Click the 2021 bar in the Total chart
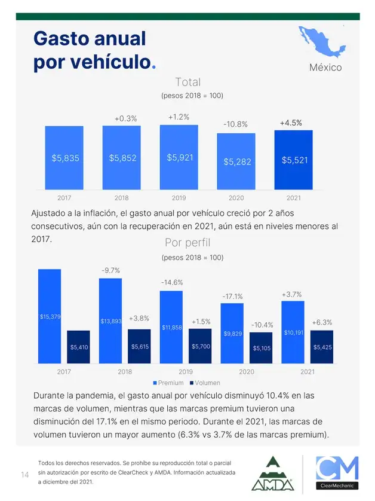coord(294,160)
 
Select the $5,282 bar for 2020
coord(236,161)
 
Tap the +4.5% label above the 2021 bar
coord(291,123)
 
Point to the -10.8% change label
coord(235,124)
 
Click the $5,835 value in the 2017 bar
coord(65,158)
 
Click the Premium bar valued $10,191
coord(293,332)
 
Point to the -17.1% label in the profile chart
coord(232,296)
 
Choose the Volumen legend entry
coord(205,383)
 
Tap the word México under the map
coord(325,68)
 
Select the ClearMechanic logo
coord(337,473)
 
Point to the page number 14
coord(25,475)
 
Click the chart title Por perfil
coord(187,243)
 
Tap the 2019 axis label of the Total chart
coord(179,198)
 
